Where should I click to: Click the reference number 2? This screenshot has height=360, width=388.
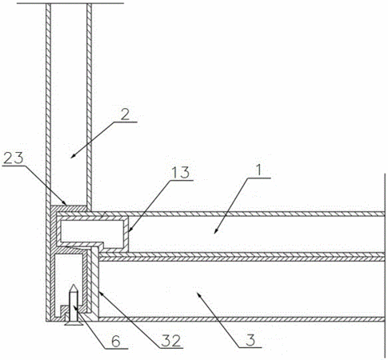[x=125, y=114]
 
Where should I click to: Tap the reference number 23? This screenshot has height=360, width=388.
[x=14, y=159]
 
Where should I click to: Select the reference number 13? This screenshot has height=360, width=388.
[x=180, y=174]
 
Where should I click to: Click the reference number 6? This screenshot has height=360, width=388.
[x=116, y=342]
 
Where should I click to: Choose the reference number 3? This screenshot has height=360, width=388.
[x=250, y=340]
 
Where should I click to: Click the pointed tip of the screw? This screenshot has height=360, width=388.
[x=74, y=286]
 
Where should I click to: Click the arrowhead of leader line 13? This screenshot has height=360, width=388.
[x=128, y=231]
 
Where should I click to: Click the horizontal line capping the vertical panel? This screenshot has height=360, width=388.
[x=70, y=3]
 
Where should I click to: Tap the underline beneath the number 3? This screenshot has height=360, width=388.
[x=249, y=347]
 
